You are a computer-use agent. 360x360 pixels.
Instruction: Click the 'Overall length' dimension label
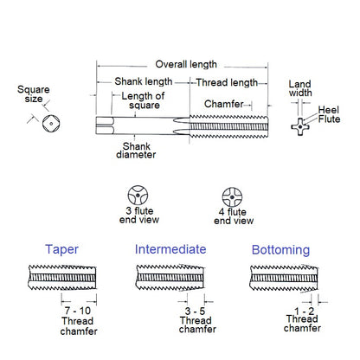click(x=185, y=64)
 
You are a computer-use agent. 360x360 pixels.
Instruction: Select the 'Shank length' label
click(x=141, y=82)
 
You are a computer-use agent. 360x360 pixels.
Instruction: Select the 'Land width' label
click(x=300, y=89)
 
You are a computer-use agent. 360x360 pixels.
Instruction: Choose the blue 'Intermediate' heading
click(x=170, y=249)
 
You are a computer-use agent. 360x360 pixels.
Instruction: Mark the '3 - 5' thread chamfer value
click(x=195, y=310)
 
